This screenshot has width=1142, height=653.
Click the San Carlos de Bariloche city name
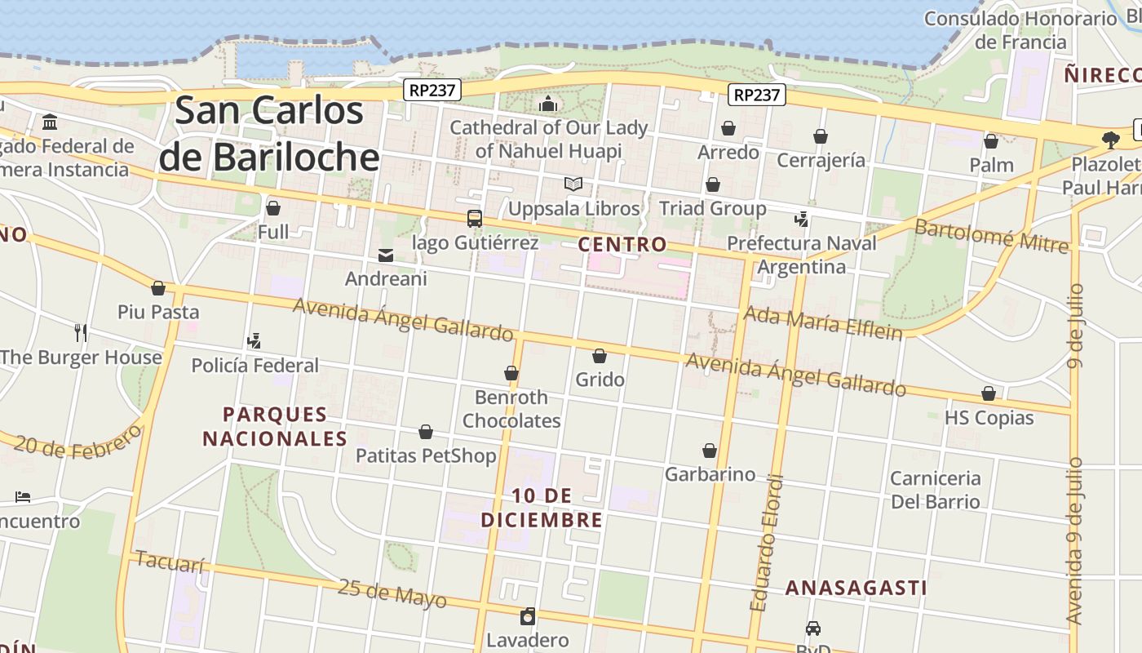(269, 133)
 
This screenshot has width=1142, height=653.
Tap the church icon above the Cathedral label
(548, 104)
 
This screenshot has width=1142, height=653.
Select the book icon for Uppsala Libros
(573, 184)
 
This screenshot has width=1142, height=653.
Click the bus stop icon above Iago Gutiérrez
(474, 219)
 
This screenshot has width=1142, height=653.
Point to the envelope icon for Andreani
(385, 255)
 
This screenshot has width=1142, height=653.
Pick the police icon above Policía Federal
(254, 340)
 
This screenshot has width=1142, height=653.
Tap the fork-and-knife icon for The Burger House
(80, 332)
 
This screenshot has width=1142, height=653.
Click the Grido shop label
(600, 380)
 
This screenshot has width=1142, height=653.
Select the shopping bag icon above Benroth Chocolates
(511, 373)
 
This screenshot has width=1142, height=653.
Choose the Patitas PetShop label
(426, 455)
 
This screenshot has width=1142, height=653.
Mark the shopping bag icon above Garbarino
(710, 451)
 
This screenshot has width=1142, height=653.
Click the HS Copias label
(989, 418)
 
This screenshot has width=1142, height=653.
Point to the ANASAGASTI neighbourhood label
(856, 588)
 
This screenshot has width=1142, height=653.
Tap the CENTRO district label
(622, 244)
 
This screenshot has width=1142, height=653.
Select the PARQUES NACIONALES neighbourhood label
(275, 427)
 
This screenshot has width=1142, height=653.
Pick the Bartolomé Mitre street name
(991, 236)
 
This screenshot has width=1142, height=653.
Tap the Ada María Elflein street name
(823, 322)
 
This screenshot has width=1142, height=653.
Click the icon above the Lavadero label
(528, 615)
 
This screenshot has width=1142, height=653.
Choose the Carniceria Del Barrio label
(935, 489)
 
